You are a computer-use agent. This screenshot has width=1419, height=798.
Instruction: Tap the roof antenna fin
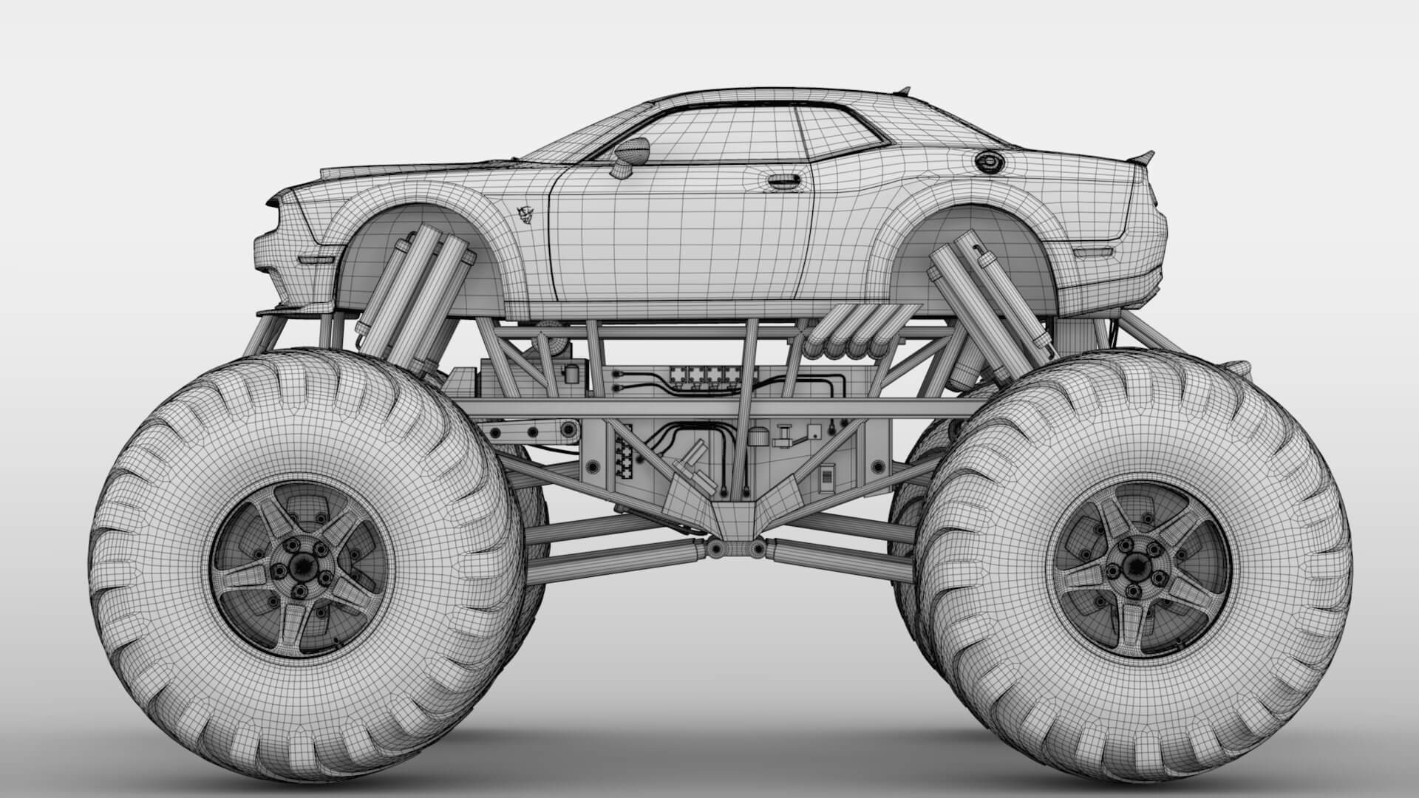point(902,92)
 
